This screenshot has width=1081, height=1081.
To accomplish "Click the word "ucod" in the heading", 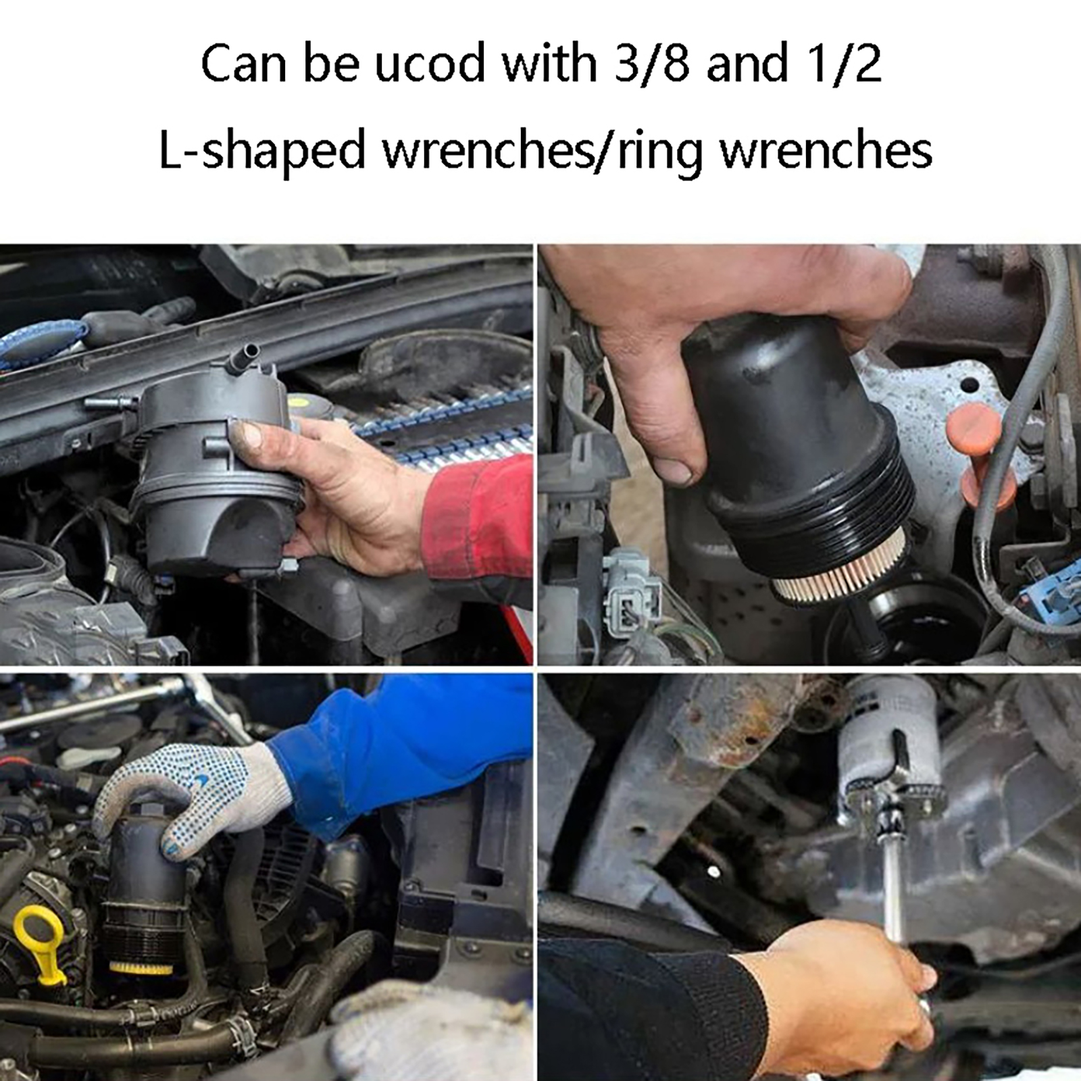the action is pyautogui.click(x=430, y=63).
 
